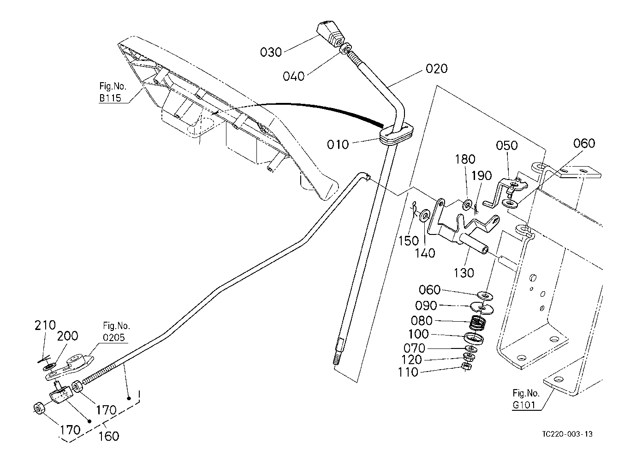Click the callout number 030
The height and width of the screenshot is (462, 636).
(271, 52)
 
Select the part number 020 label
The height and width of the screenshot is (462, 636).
(436, 69)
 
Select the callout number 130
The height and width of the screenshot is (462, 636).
(464, 273)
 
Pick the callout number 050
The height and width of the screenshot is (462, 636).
(507, 146)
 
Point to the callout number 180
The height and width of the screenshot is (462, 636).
(465, 160)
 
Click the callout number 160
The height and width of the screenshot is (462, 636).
(109, 436)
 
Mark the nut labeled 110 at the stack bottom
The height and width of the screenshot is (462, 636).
(466, 367)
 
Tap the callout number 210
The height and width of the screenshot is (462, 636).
(45, 326)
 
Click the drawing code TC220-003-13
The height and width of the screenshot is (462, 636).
(567, 434)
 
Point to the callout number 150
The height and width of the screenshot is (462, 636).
(409, 240)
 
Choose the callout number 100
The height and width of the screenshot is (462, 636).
(419, 334)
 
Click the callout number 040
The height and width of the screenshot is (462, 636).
(294, 76)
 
